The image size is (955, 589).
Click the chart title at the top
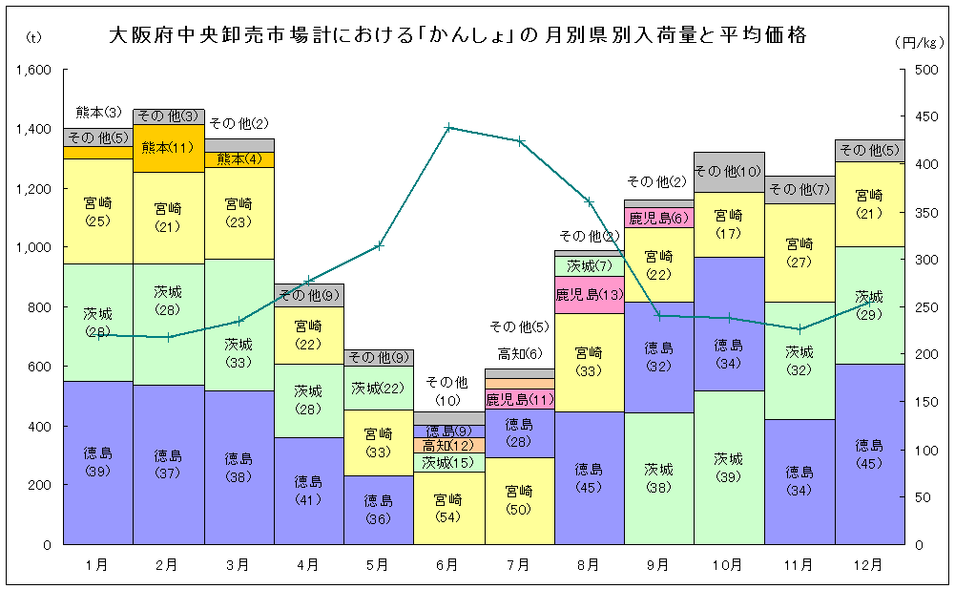click(458, 36)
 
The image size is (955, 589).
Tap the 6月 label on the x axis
click(447, 565)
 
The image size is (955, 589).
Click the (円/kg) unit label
click(919, 42)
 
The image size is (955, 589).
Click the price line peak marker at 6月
click(448, 127)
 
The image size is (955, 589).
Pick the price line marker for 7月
click(519, 141)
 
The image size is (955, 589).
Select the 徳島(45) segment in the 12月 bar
click(869, 453)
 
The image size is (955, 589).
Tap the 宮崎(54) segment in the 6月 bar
click(448, 507)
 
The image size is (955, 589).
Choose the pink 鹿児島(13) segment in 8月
click(589, 294)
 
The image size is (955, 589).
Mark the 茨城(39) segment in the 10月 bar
click(729, 467)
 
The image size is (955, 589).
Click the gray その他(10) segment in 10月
click(729, 172)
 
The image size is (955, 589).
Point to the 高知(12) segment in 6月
click(448, 445)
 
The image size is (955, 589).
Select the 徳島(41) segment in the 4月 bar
click(308, 490)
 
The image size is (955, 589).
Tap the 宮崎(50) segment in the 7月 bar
click(519, 500)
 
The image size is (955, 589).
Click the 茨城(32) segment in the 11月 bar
click(799, 360)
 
